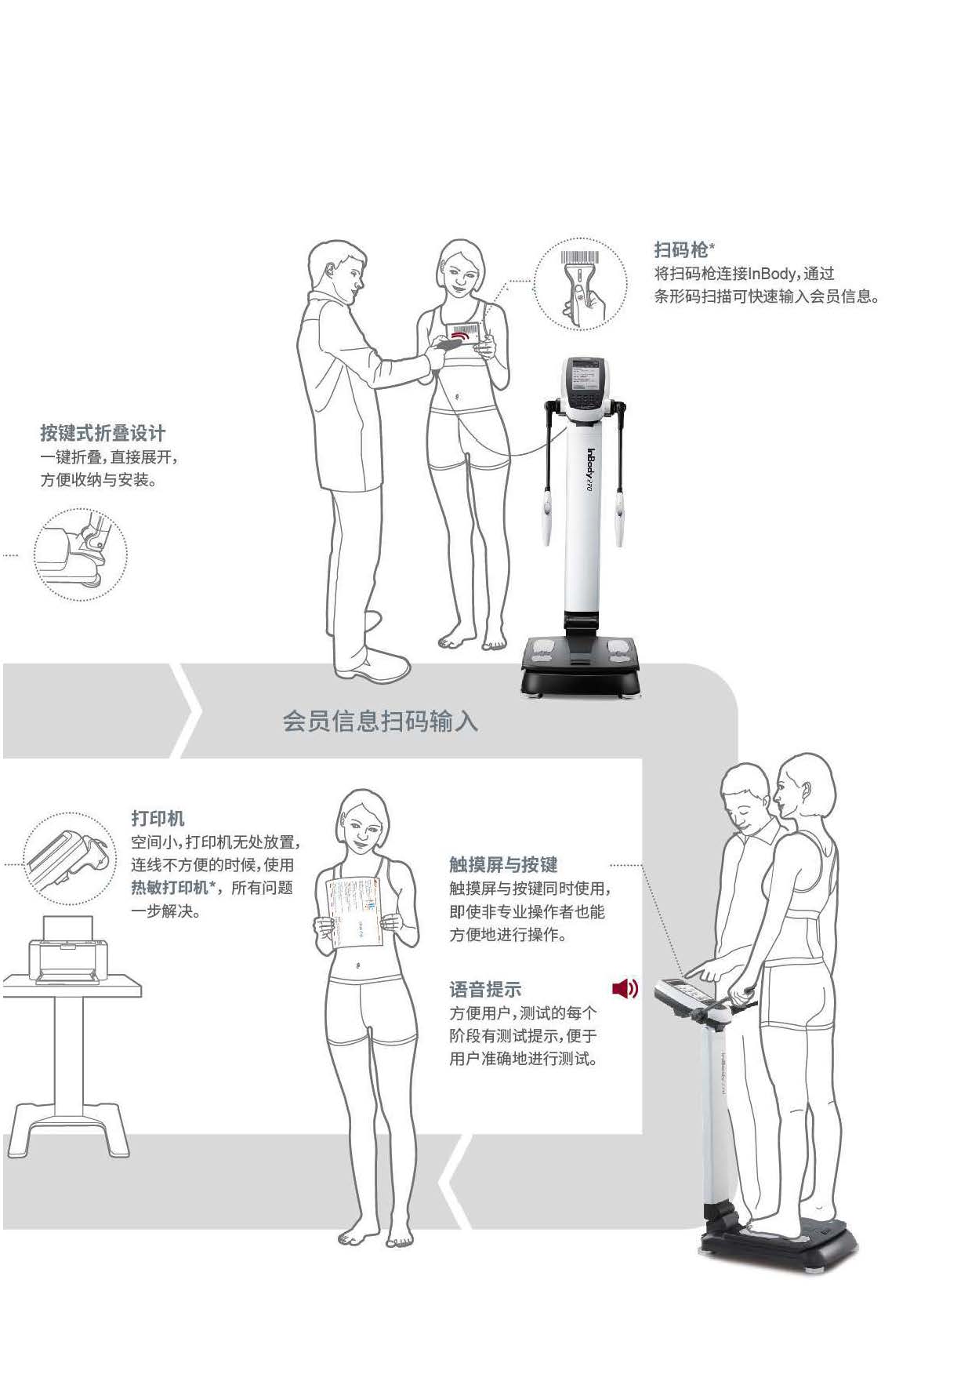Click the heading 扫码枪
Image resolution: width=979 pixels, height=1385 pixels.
click(x=680, y=250)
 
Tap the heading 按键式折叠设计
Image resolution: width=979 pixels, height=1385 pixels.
click(x=103, y=433)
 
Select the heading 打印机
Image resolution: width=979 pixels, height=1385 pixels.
click(x=158, y=818)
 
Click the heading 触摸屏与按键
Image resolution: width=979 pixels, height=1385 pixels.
click(x=503, y=864)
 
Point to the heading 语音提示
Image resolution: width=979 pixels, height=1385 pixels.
click(x=485, y=989)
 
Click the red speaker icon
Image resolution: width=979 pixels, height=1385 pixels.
click(x=625, y=988)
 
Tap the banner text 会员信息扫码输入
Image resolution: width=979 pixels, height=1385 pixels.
click(x=380, y=721)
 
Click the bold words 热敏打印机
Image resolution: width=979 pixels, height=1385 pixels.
click(x=169, y=887)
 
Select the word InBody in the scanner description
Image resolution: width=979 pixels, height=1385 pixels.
click(x=772, y=274)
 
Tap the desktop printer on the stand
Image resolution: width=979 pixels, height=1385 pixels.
click(x=66, y=950)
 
